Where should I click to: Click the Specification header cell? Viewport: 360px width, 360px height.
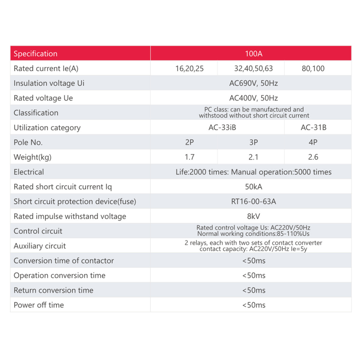point(35,54)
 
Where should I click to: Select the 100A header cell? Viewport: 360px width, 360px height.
point(253,54)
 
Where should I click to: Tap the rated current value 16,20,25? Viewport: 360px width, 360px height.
point(189,68)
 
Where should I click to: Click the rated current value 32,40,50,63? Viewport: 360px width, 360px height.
point(253,68)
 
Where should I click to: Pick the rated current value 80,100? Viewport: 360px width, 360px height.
point(313,68)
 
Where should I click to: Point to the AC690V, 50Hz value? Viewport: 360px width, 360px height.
point(253,83)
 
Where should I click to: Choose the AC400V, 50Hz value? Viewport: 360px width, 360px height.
point(253,98)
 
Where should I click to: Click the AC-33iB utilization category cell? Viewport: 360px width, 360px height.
point(222,127)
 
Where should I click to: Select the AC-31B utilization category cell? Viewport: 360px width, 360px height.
point(313,127)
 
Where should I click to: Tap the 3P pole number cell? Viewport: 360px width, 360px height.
point(253,142)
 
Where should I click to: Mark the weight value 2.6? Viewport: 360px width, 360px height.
point(313,157)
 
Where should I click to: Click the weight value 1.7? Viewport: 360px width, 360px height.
point(189,157)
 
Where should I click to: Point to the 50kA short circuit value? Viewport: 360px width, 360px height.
point(253,187)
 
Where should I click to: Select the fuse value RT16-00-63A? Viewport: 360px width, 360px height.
point(253,201)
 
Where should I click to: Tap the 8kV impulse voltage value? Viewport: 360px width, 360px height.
point(253,216)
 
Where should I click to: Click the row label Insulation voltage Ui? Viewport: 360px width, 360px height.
point(49,83)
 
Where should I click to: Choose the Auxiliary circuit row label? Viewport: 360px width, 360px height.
point(40,246)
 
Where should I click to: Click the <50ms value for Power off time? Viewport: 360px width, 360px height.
point(254,305)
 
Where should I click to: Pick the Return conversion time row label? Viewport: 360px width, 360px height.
point(53,290)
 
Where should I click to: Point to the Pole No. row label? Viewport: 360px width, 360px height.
point(28,142)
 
